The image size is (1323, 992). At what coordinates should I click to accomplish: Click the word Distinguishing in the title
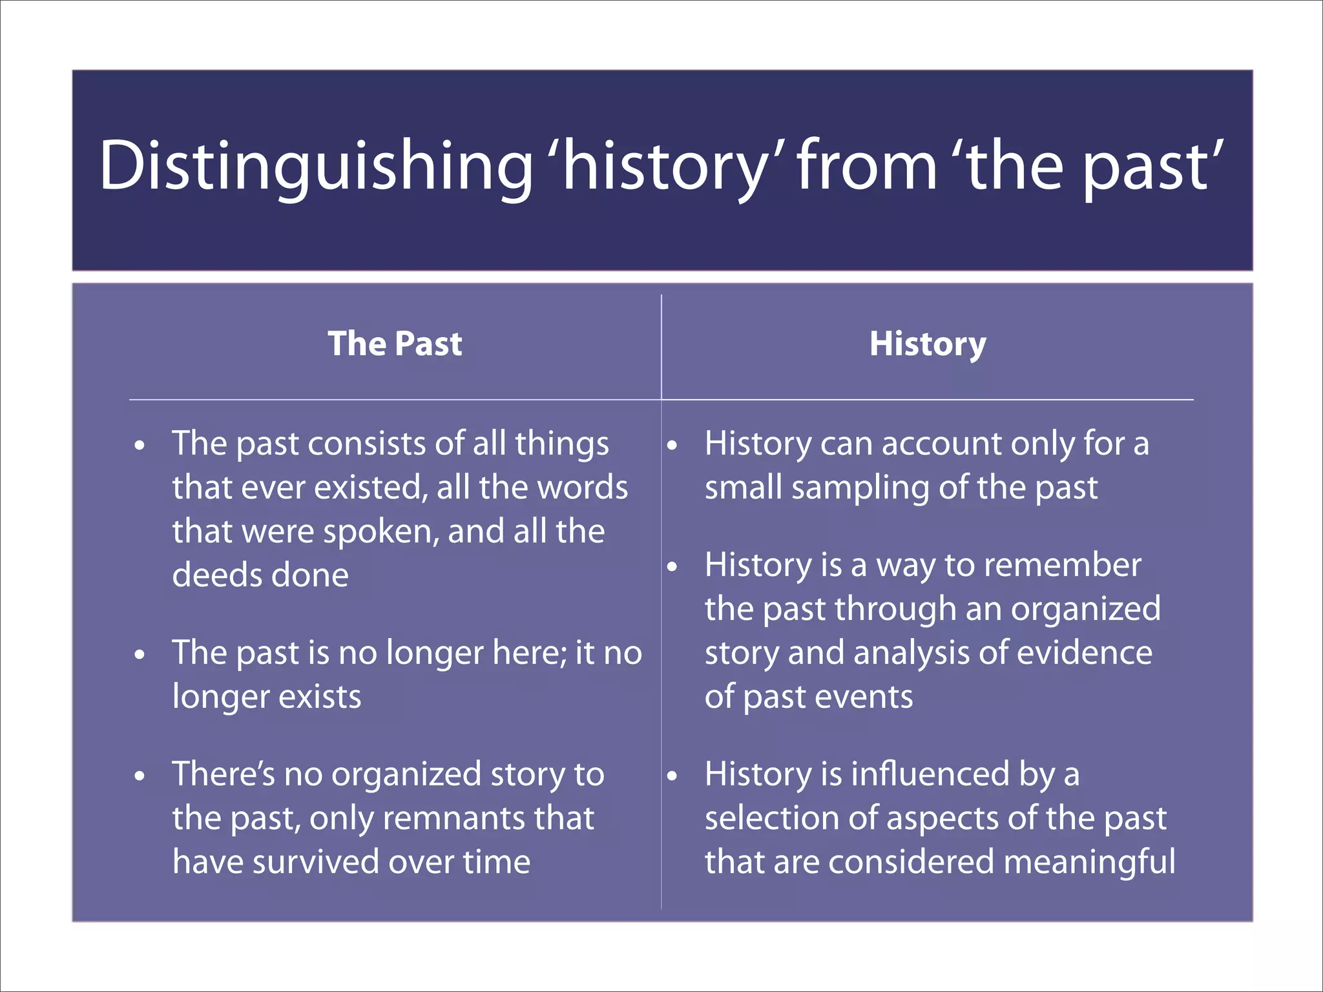pos(315,167)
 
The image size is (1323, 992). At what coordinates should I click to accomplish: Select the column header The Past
pos(395,344)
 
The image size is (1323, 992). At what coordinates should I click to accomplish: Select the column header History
pos(928,344)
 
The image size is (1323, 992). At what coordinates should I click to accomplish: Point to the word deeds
pos(215,575)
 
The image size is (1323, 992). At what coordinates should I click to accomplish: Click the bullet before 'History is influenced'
pos(672,776)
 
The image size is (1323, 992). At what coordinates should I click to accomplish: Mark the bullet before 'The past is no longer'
pos(140,655)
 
